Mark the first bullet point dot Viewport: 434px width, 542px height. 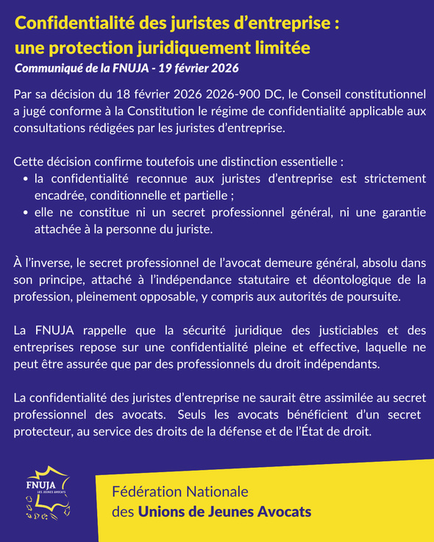point(26,178)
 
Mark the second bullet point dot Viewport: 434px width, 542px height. point(26,212)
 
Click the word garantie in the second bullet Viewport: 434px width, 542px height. point(402,212)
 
